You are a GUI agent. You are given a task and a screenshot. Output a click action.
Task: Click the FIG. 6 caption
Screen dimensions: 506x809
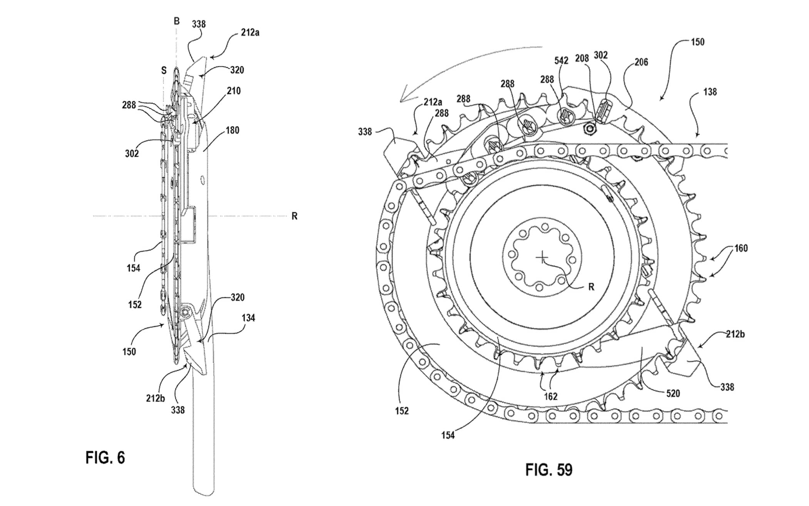tap(105, 458)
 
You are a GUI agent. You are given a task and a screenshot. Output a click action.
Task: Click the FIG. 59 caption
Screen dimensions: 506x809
tap(549, 470)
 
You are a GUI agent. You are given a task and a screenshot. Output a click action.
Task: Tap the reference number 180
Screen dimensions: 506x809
tap(232, 130)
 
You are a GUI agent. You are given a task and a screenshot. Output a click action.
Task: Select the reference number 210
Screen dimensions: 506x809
tap(234, 91)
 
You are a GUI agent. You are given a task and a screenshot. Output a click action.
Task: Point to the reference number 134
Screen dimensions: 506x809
tap(248, 318)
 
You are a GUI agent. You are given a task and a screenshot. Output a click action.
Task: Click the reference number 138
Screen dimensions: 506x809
tap(710, 92)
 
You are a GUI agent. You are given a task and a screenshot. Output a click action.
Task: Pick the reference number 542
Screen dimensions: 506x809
tap(561, 60)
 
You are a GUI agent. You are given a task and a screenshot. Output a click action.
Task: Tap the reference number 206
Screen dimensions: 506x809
tap(641, 62)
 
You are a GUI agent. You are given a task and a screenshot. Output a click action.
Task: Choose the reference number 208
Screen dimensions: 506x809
tap(582, 58)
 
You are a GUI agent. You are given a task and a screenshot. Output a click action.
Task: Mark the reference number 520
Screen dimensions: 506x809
tap(673, 393)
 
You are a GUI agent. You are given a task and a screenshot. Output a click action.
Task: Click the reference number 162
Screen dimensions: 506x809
tap(551, 396)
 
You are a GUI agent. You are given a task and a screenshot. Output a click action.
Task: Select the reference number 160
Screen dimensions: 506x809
tap(741, 248)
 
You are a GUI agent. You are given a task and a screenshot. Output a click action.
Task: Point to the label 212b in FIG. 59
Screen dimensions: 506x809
tap(735, 334)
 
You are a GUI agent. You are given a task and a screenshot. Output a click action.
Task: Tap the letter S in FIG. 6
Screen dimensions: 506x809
tap(164, 70)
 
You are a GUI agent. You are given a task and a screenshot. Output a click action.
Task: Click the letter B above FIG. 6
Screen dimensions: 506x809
tap(177, 21)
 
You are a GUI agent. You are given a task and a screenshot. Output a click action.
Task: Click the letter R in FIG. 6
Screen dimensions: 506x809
tap(294, 216)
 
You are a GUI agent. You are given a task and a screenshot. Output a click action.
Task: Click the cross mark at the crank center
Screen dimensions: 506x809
tap(542, 257)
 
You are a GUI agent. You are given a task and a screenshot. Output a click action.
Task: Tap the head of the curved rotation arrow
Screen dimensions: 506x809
tap(402, 100)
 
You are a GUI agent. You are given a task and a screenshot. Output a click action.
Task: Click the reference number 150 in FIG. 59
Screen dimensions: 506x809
tap(697, 42)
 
